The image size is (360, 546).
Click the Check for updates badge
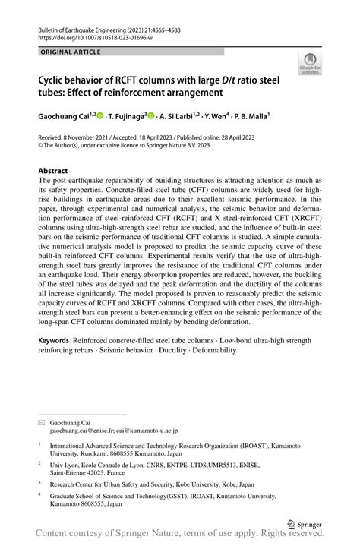(309, 65)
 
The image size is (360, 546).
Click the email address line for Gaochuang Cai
(113, 430)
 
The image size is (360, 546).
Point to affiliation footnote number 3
(39, 481)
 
